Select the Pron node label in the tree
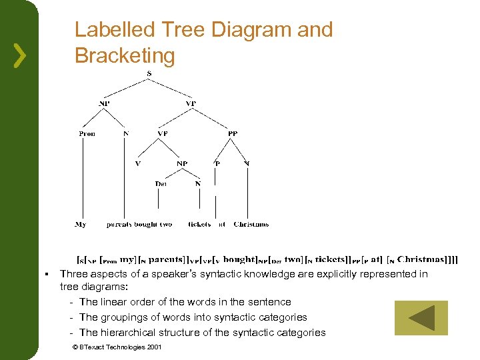point(87,133)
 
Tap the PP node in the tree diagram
point(232,133)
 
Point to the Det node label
point(161,183)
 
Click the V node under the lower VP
point(138,163)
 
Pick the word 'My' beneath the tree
point(81,225)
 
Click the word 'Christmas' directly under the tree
point(251,225)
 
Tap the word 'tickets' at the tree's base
point(199,225)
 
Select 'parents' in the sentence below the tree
point(121,225)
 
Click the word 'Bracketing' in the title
point(125,56)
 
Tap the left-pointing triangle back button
point(421,317)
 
